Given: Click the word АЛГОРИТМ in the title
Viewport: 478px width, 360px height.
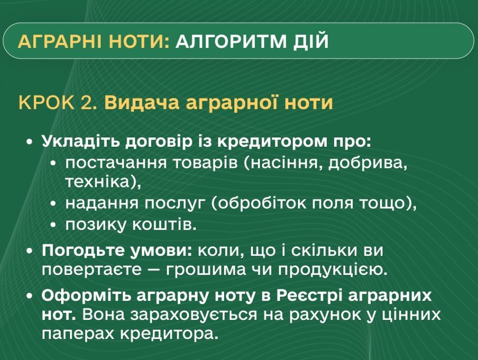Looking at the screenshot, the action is (x=231, y=41).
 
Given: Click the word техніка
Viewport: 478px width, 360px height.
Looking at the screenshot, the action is (x=97, y=182).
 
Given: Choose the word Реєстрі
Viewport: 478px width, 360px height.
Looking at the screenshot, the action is (x=309, y=295).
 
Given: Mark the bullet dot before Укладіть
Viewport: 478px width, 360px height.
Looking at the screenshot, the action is (x=29, y=142).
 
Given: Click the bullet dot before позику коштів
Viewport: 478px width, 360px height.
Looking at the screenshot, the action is (x=53, y=225).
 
